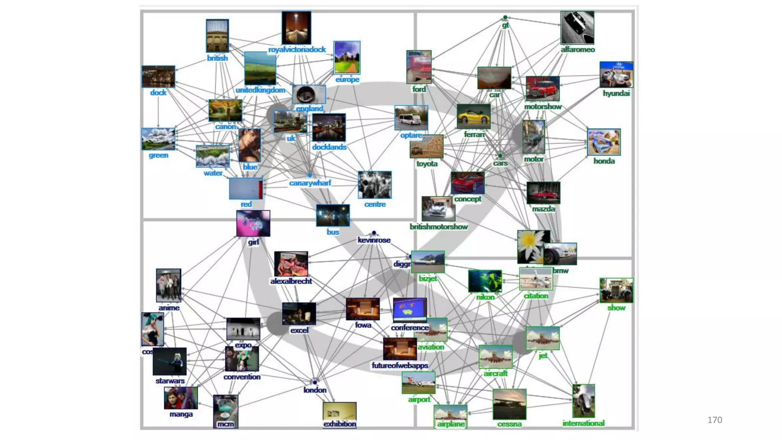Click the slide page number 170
pos(714,420)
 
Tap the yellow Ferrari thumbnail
pos(473,116)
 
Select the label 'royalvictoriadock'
pos(297,50)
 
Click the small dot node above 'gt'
pos(505,18)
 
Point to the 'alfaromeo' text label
pos(577,50)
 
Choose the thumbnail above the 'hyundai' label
pos(616,75)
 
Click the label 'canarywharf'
pos(310,183)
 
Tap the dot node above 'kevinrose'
pos(374,233)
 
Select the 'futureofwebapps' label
pos(400,366)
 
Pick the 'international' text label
pos(583,423)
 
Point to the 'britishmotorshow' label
pos(438,227)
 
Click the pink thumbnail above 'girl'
pos(253,223)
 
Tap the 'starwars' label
pos(170,381)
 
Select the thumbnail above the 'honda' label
pos(604,142)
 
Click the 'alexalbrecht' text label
pos(291,281)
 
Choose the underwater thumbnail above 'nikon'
pos(485,281)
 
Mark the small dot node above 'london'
pos(315,382)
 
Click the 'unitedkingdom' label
pos(260,90)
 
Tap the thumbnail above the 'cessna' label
pos(509,404)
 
